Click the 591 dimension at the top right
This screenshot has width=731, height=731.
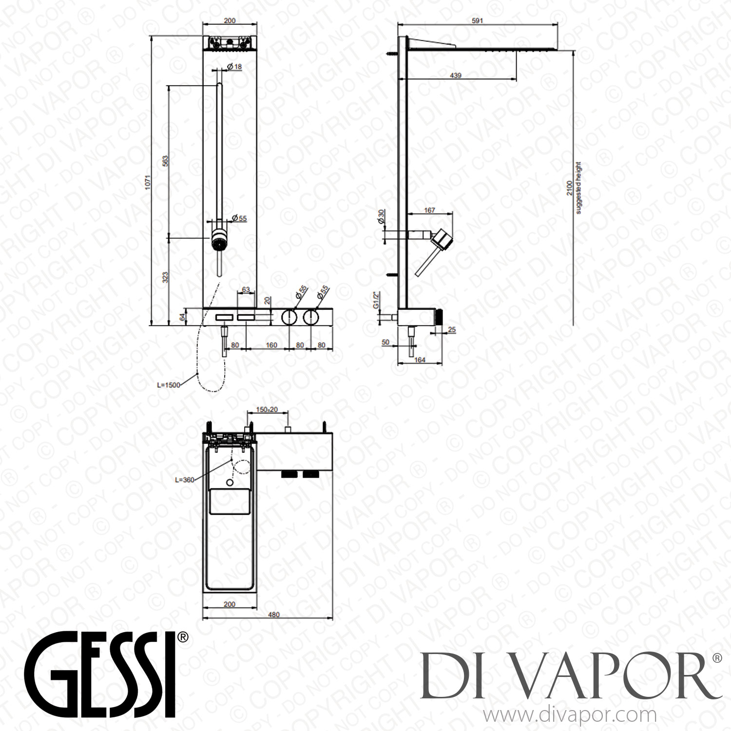pyautogui.click(x=477, y=20)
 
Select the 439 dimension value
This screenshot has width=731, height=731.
pyautogui.click(x=455, y=76)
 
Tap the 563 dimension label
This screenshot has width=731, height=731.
pyautogui.click(x=165, y=161)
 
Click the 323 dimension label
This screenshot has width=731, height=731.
pyautogui.click(x=165, y=278)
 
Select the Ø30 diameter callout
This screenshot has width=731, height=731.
pyautogui.click(x=381, y=215)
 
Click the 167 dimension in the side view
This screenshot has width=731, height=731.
pyautogui.click(x=429, y=210)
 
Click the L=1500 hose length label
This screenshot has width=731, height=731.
pyautogui.click(x=168, y=385)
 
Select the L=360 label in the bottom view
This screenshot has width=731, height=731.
pyautogui.click(x=184, y=480)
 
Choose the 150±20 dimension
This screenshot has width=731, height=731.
pyautogui.click(x=267, y=409)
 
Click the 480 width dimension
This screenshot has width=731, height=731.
pyautogui.click(x=274, y=615)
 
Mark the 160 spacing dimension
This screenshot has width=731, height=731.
pyautogui.click(x=271, y=345)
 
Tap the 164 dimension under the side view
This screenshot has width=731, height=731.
pyautogui.click(x=420, y=360)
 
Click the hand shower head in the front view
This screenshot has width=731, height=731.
pyautogui.click(x=219, y=240)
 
